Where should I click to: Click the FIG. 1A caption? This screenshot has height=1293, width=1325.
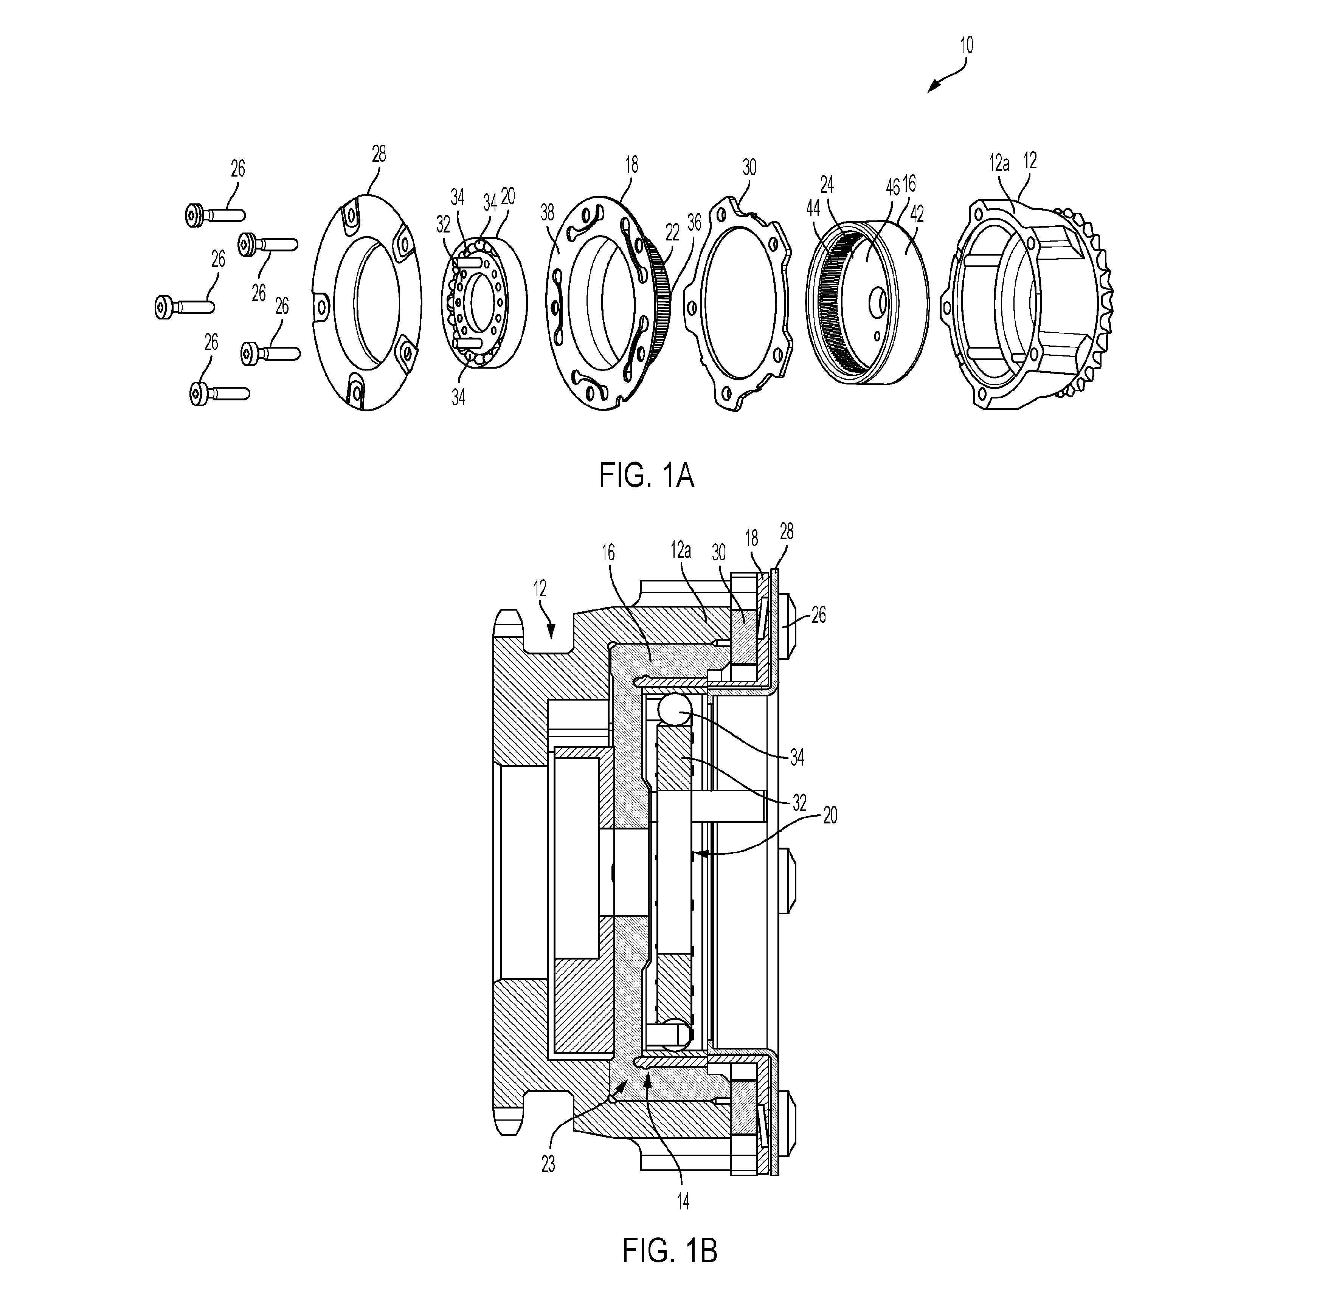point(647,476)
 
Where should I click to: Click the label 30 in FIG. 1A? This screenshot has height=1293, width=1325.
point(749,167)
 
